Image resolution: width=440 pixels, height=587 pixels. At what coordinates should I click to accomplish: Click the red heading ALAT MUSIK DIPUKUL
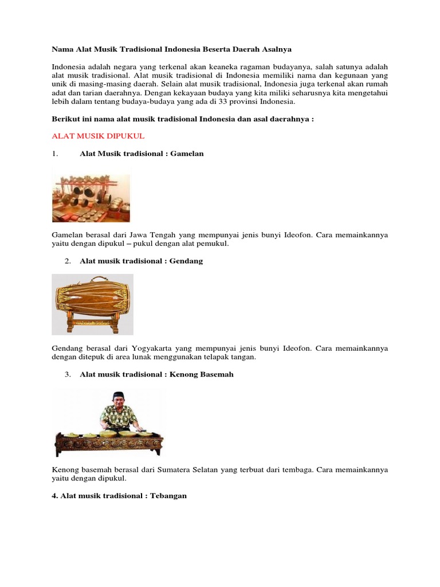tap(98, 136)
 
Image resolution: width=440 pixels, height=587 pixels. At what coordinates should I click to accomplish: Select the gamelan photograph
tap(91, 194)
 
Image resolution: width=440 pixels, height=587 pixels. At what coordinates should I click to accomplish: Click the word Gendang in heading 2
tap(186, 261)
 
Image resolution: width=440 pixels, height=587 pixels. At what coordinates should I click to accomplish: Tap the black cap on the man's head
tap(118, 395)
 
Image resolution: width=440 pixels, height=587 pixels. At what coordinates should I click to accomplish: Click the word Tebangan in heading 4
tap(168, 495)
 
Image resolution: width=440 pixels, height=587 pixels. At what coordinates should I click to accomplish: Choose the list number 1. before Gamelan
tap(55, 154)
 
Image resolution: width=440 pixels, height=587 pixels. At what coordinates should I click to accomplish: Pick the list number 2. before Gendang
tap(68, 261)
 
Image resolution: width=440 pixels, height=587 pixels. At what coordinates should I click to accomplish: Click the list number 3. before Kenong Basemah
tap(68, 374)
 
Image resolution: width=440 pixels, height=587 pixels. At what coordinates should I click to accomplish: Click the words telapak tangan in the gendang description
tap(231, 357)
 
